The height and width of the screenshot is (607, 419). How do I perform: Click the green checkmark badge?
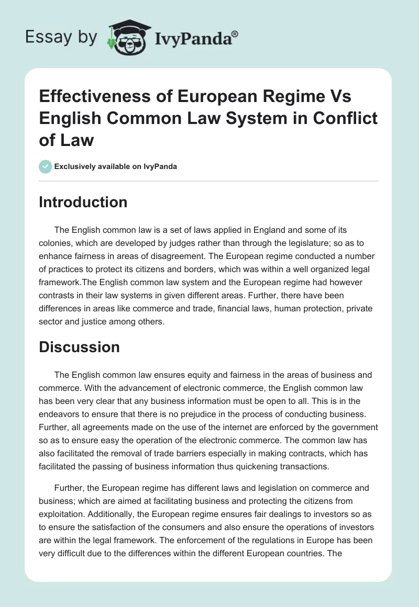click(45, 166)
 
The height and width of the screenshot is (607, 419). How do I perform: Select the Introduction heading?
click(83, 202)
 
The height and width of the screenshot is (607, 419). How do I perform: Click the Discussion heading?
click(79, 346)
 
